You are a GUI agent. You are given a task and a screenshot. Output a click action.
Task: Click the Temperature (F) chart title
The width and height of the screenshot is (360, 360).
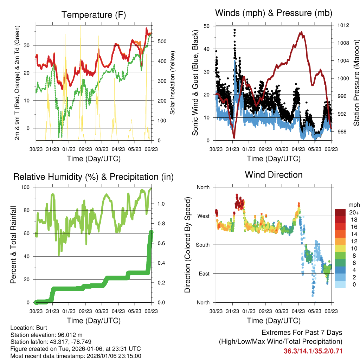pos(94,15)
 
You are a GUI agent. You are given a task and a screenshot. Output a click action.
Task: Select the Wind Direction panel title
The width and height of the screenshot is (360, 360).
pos(274,174)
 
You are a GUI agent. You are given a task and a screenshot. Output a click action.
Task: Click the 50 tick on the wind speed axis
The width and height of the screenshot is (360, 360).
pos(207,26)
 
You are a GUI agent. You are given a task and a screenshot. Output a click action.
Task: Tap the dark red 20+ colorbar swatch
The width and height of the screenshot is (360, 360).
pos(340,212)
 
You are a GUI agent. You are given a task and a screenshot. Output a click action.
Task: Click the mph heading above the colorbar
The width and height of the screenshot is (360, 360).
pos(353,205)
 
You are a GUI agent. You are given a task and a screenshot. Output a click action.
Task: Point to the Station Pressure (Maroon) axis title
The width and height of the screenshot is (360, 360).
pos(356,83)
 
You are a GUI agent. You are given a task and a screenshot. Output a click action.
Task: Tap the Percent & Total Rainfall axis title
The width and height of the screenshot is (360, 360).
pos(13,245)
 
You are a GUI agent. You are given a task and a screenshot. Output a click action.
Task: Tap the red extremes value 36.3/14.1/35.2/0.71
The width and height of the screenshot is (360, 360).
pos(313,351)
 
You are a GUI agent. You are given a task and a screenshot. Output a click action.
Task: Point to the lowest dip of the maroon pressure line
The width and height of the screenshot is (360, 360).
pos(234,137)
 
